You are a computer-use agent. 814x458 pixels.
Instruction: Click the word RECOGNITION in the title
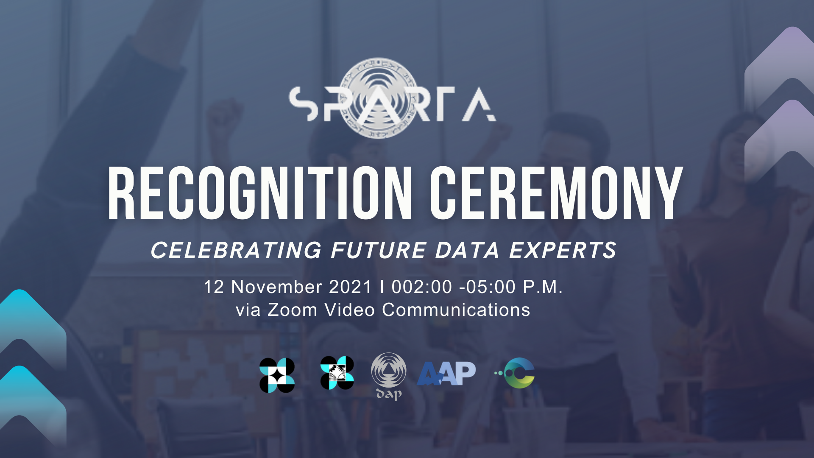(260, 193)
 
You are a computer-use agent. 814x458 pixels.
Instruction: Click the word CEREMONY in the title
(556, 193)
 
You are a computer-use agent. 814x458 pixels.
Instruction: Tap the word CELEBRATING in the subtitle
(237, 250)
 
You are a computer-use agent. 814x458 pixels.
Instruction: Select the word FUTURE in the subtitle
(379, 250)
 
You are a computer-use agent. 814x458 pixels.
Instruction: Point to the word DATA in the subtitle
(467, 250)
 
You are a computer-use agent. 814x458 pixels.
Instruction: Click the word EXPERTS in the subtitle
(563, 250)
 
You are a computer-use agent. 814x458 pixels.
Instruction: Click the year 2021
(350, 287)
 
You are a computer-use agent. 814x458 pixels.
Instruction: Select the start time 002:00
(422, 287)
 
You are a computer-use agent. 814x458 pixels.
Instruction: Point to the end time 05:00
(491, 287)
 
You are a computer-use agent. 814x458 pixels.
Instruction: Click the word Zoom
(292, 310)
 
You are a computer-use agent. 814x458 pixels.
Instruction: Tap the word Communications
(456, 310)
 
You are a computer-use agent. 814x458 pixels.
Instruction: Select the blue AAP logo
(446, 374)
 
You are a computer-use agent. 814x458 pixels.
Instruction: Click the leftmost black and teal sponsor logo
(277, 375)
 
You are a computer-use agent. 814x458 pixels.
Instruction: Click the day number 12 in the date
(214, 287)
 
